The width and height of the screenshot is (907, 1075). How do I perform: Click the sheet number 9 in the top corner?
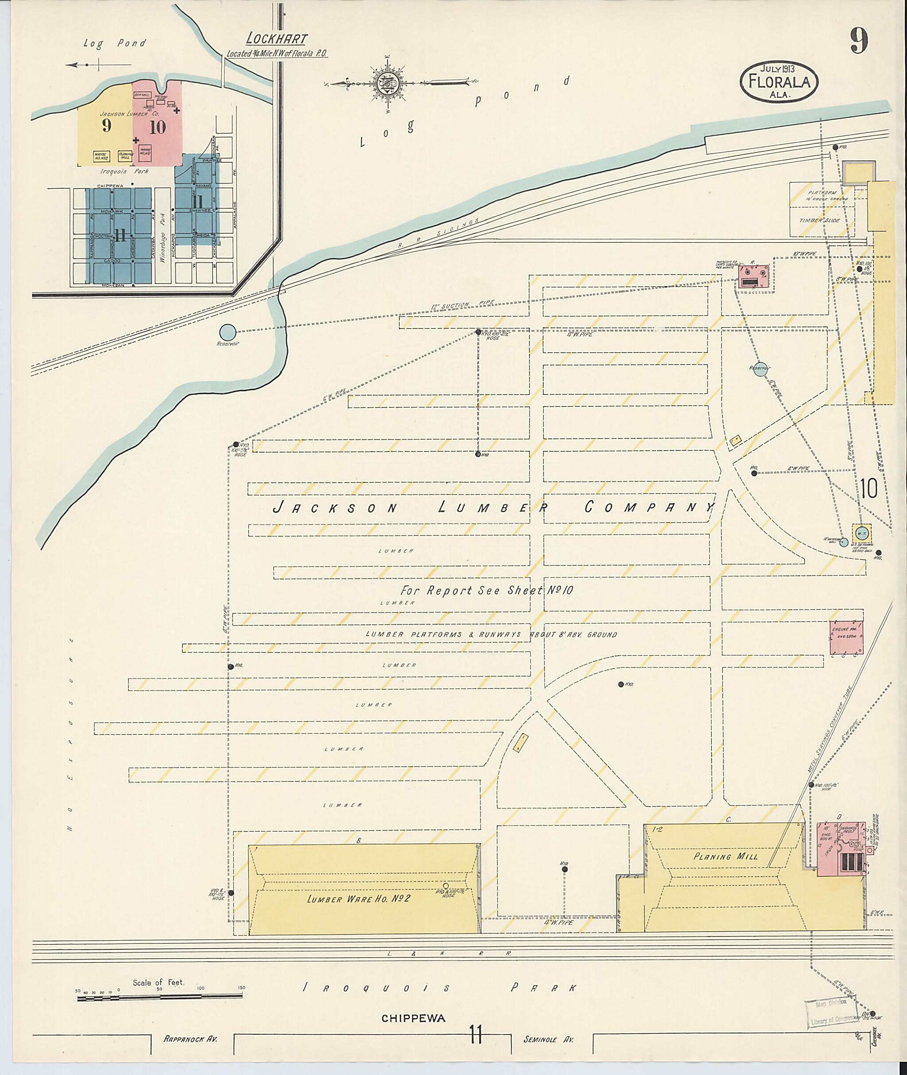point(859,41)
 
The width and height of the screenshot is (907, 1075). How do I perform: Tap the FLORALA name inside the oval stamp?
point(779,82)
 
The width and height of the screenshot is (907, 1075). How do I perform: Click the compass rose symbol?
point(386,83)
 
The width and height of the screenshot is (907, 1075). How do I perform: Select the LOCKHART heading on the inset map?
point(277,39)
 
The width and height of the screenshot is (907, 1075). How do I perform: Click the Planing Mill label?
point(725,857)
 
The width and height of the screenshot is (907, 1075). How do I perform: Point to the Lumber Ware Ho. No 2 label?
point(358,899)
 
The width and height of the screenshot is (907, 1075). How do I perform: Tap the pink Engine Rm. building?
point(846,638)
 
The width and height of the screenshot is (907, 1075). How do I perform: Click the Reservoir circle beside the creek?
point(228,332)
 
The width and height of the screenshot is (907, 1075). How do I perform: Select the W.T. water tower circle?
point(862,532)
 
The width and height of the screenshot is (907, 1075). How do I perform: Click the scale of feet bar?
point(159,998)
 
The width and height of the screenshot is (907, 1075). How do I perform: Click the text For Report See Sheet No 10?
point(486,590)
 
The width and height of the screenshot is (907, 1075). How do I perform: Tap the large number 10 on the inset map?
point(157,127)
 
